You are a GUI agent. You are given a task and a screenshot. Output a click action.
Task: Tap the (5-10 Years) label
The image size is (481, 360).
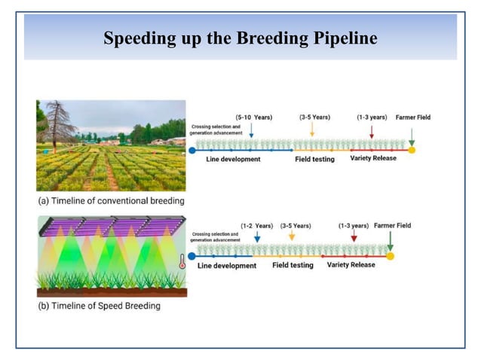pos(254,117)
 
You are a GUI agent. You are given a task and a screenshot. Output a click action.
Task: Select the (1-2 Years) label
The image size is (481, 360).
pos(256,226)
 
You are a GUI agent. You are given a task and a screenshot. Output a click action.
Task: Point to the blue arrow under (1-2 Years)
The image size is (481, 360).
pos(257,238)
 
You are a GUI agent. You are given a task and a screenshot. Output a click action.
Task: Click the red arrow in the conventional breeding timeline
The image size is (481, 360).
pos(371,132)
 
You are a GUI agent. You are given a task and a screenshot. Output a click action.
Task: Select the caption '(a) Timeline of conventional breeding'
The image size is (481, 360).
pos(111,201)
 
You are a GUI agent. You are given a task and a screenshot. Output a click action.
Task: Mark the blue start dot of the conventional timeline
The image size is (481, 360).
pos(192,150)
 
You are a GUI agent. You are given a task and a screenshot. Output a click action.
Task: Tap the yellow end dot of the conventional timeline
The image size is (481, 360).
pos(412,150)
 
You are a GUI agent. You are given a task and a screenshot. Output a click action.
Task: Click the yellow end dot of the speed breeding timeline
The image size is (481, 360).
pos(390,257)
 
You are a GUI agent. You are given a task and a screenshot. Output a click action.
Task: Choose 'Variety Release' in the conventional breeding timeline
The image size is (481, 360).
pos(374,159)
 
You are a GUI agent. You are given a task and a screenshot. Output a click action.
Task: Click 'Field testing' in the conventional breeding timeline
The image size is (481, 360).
pos(314,160)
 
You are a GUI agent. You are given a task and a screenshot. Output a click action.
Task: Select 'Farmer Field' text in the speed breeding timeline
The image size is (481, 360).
pos(393,226)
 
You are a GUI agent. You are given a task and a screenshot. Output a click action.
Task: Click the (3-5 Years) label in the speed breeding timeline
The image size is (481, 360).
pos(296,226)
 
